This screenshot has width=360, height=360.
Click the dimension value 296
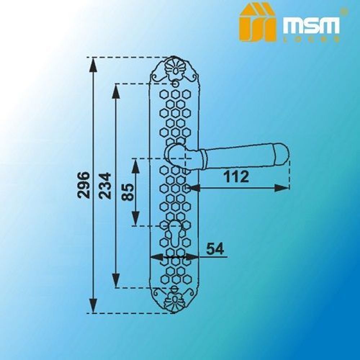[84, 185]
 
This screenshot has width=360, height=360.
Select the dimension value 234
[105, 186]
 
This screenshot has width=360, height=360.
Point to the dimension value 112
[236, 177]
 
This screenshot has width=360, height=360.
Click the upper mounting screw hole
[175, 84]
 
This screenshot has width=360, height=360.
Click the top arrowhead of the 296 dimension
[93, 64]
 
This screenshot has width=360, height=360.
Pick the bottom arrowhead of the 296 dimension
[93, 306]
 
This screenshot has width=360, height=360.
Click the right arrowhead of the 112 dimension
[283, 188]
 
